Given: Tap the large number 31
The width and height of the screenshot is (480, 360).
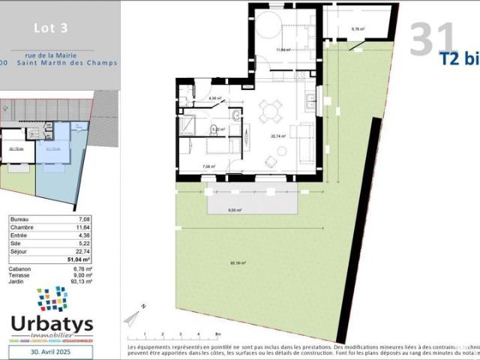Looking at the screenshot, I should point(433,39).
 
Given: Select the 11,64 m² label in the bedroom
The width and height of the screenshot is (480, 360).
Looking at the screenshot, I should point(283,50).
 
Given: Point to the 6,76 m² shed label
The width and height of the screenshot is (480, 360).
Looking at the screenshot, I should point(358,29).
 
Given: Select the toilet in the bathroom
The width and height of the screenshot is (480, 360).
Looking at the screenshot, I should point(235,115).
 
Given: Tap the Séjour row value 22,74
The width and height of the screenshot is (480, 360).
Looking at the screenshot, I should point(84,252).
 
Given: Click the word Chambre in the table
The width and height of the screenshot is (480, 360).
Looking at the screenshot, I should point(22,226).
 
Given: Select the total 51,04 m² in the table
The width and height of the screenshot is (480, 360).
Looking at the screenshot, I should point(80,259).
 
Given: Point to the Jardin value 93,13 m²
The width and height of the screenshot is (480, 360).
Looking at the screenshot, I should point(81,281).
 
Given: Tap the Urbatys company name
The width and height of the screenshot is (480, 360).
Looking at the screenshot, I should point(52,324).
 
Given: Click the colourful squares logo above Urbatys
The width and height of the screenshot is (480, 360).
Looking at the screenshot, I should point(52,298).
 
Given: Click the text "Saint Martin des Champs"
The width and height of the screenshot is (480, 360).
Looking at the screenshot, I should point(79,62).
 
